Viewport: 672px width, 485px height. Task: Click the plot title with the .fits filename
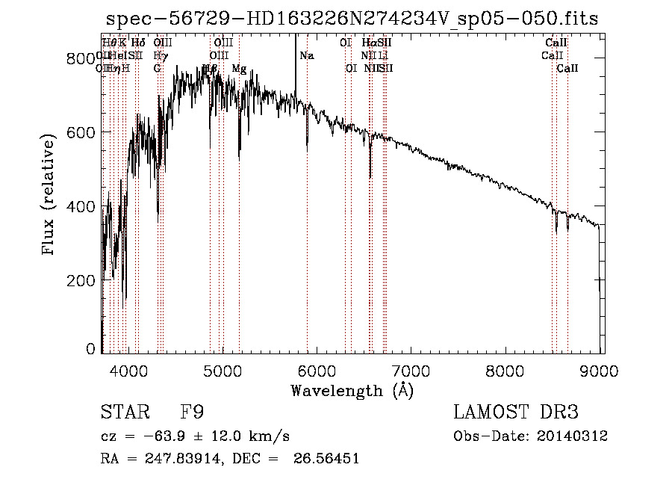click(x=352, y=19)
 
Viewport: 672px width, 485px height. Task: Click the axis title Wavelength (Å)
click(x=352, y=390)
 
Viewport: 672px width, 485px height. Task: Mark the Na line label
click(x=307, y=55)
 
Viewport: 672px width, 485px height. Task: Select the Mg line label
click(x=239, y=69)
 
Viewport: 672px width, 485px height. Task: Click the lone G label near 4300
click(x=158, y=69)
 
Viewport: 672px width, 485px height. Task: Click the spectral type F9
click(x=192, y=413)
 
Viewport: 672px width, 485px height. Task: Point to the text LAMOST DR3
click(x=516, y=413)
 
